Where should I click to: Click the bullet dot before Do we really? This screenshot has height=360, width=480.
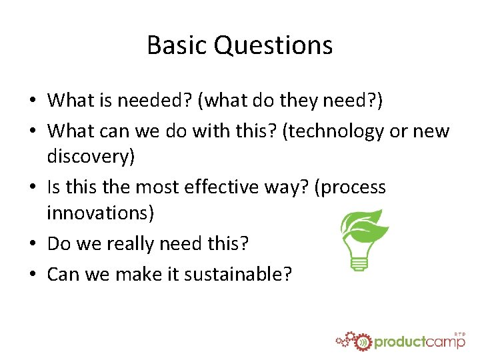coord(33,245)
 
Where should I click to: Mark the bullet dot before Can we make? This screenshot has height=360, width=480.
coord(33,274)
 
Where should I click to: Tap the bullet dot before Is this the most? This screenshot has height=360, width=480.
coord(33,188)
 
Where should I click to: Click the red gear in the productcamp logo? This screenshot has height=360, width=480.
coord(362,341)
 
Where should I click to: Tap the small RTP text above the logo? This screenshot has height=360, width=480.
coord(459,333)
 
